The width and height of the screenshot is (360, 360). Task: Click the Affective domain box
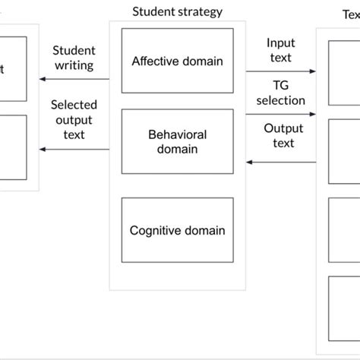[177, 62]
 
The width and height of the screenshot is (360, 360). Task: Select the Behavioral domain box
[177, 142]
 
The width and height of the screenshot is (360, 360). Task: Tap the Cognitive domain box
[177, 230]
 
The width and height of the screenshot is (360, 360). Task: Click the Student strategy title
[177, 11]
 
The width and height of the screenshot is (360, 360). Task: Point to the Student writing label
[73, 58]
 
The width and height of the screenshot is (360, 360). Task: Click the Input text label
[279, 51]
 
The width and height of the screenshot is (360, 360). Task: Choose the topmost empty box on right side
[344, 73]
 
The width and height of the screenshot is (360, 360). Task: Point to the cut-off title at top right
[351, 13]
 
